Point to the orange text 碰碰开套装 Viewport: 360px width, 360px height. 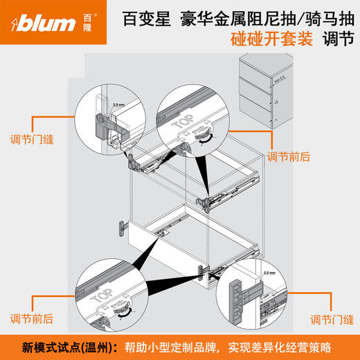[x=269, y=39]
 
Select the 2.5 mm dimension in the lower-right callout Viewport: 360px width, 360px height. [x=269, y=273]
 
